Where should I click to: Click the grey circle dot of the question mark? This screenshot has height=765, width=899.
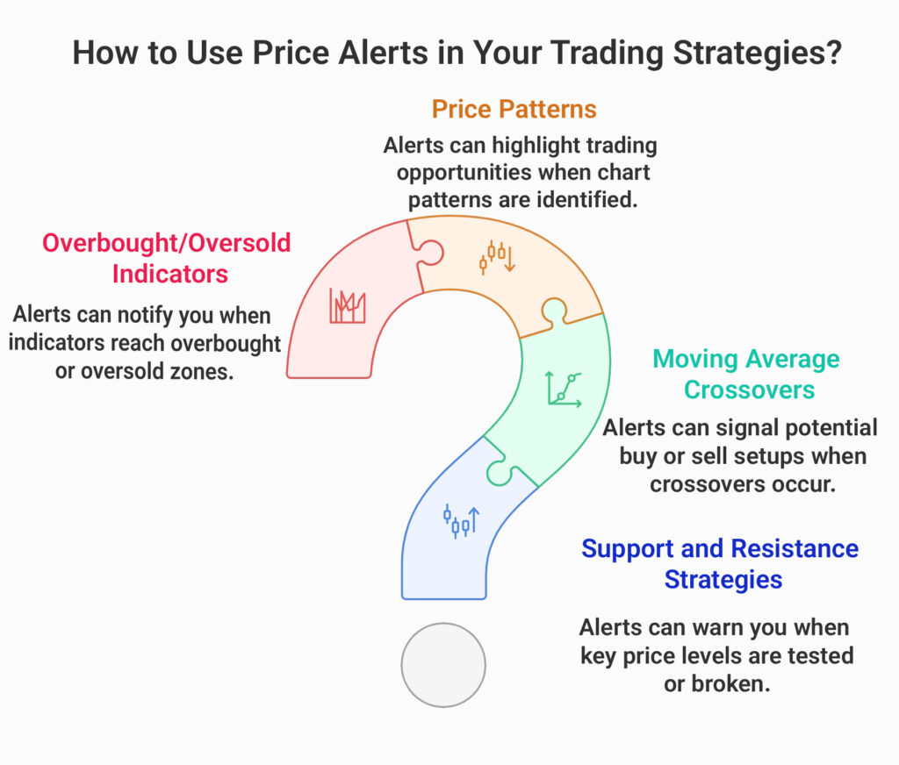point(443,664)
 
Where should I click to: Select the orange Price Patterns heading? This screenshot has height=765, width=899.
point(514,109)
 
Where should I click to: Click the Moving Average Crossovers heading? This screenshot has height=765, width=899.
point(744,374)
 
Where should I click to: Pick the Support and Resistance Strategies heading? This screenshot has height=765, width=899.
point(720,563)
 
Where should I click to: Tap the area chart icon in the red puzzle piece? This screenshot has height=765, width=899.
point(348,305)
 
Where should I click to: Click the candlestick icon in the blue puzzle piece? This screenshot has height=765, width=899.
point(461,520)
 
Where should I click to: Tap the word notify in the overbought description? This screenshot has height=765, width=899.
point(146,314)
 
